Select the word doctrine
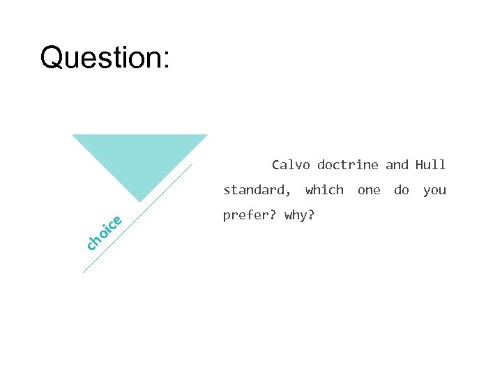click(347, 165)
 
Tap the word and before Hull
click(397, 165)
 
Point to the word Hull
click(430, 165)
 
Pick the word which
click(324, 190)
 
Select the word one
click(369, 190)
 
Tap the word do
click(402, 190)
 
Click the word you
click(434, 190)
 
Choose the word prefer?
click(250, 215)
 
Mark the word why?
click(299, 215)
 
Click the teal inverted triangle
click(140, 157)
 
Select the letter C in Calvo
click(276, 165)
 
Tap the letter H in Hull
click(420, 165)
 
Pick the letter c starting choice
click(91, 244)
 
